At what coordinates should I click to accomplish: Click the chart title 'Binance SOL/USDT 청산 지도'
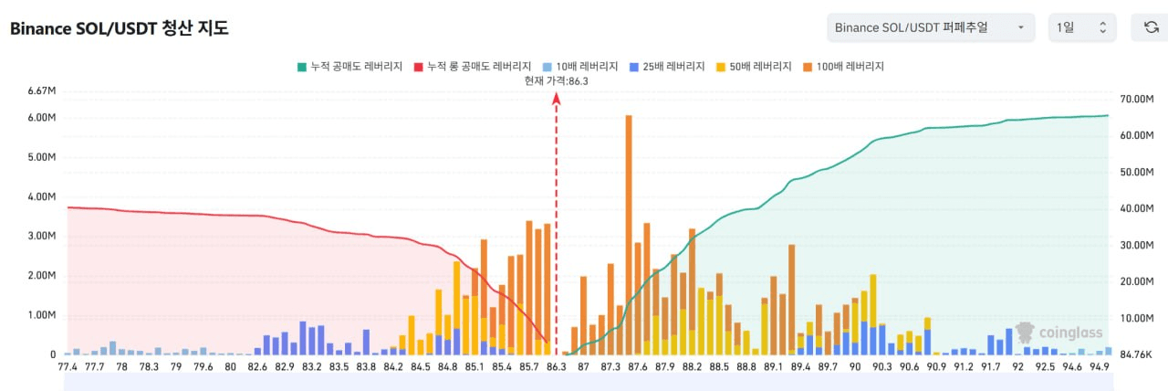[x=119, y=28]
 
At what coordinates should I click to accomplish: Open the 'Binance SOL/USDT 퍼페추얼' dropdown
[x=930, y=27]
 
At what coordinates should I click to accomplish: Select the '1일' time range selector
[x=1081, y=27]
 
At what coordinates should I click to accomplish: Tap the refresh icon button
[x=1151, y=27]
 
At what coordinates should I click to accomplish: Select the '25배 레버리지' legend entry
[x=667, y=67]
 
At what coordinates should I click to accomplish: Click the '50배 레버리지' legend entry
[x=755, y=67]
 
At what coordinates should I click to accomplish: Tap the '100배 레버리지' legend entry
[x=844, y=67]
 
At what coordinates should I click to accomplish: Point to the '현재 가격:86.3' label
[x=556, y=80]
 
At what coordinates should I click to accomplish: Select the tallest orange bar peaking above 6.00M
[x=629, y=228]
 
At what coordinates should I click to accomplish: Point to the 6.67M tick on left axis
[x=42, y=91]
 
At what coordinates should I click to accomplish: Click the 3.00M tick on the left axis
[x=42, y=236]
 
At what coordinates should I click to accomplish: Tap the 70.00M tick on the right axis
[x=1137, y=99]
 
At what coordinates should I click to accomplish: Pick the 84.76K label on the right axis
[x=1137, y=354]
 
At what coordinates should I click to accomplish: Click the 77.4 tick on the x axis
[x=68, y=366]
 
